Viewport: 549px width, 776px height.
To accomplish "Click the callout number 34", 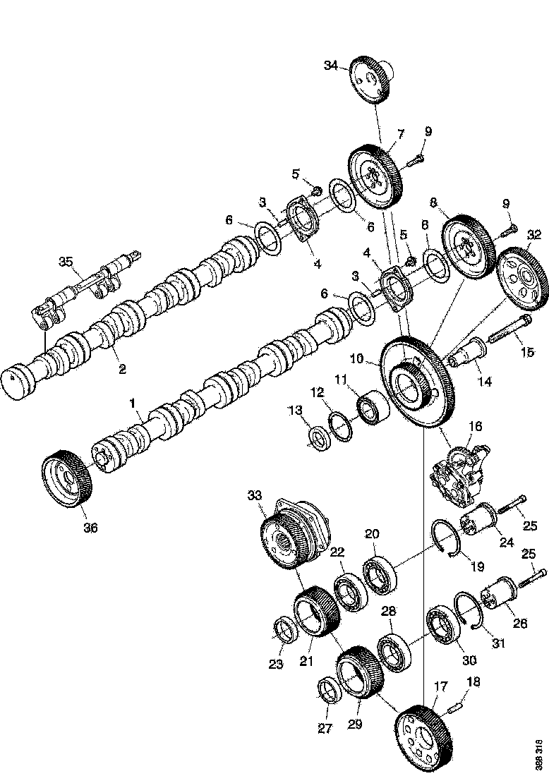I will coord(332,66).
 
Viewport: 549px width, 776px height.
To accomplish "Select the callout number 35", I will coord(66,262).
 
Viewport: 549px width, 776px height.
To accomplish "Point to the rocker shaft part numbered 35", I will coord(85,286).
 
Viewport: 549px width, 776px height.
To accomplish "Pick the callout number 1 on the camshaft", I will coord(131,403).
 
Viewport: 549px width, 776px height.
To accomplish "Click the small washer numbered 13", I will coord(318,438).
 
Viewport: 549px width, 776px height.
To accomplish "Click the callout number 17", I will coord(441,686).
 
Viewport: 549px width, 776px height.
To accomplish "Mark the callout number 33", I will coord(254,496).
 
